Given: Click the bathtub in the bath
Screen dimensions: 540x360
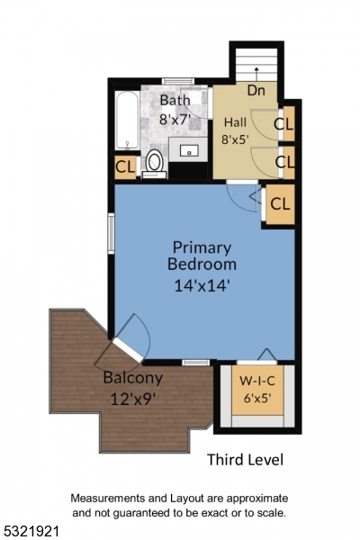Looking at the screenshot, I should pos(128,121).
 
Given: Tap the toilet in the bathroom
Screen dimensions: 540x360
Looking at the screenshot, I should pos(155,164).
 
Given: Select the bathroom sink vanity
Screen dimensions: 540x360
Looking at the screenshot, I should pos(189,151).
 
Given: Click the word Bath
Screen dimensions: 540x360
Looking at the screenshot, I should pos(175,100).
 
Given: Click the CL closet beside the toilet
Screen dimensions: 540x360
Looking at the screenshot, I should pos(125,167).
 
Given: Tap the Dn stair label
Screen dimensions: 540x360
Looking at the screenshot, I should pos(256,90).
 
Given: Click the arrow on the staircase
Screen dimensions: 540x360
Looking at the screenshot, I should pos(256,70).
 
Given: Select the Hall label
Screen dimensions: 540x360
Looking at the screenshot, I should pos(235,122).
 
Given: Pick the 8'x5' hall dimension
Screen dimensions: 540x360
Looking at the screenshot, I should pos(236,139).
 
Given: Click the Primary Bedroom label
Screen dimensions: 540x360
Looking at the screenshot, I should pos(202,256).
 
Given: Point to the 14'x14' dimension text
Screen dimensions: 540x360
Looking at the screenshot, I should pos(202,286).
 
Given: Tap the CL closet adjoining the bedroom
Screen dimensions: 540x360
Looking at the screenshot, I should pos(280,203).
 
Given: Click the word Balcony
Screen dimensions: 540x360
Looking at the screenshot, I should pos(132,378).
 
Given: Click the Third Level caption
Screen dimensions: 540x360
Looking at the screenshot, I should pos(245,460).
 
